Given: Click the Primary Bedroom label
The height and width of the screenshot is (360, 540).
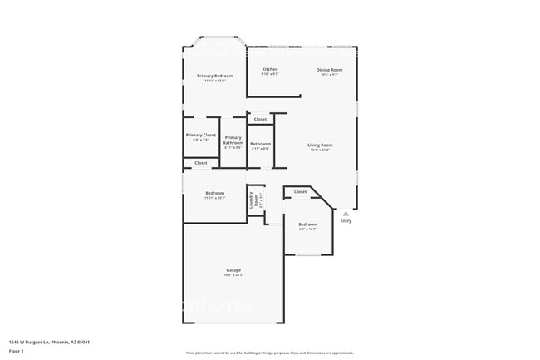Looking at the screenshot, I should coord(214,76).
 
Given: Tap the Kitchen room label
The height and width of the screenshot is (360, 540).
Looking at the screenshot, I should coord(270,69).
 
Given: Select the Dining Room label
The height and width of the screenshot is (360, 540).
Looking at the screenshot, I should coord(329,69).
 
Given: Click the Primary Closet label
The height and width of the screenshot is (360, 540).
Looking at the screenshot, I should coord(200,135).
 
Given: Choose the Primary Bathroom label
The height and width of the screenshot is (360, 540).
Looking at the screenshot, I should coord(233,140).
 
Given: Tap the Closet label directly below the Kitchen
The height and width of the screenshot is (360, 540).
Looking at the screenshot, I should coord(261,120).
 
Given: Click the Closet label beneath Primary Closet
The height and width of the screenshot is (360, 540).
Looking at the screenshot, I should coord(200,163).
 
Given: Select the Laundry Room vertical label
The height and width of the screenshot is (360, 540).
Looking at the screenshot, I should coord(254,200).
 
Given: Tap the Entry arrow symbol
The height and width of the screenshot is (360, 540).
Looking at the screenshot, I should coord(346,213).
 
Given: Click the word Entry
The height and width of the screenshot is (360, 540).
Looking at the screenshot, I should coord(346,220).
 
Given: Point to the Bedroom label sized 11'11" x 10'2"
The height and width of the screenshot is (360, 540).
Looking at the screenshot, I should coord(214,193).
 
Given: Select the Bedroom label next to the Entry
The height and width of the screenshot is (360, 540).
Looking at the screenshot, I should coord(307,224).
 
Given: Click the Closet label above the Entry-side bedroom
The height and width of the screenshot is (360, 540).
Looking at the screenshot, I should coord(300,192).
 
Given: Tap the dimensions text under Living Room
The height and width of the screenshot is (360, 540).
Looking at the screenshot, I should coord(320,150).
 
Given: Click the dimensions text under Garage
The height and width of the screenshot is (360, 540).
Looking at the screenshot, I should coord(233,275).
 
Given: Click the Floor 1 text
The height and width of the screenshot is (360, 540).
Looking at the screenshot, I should coord(17,351).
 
